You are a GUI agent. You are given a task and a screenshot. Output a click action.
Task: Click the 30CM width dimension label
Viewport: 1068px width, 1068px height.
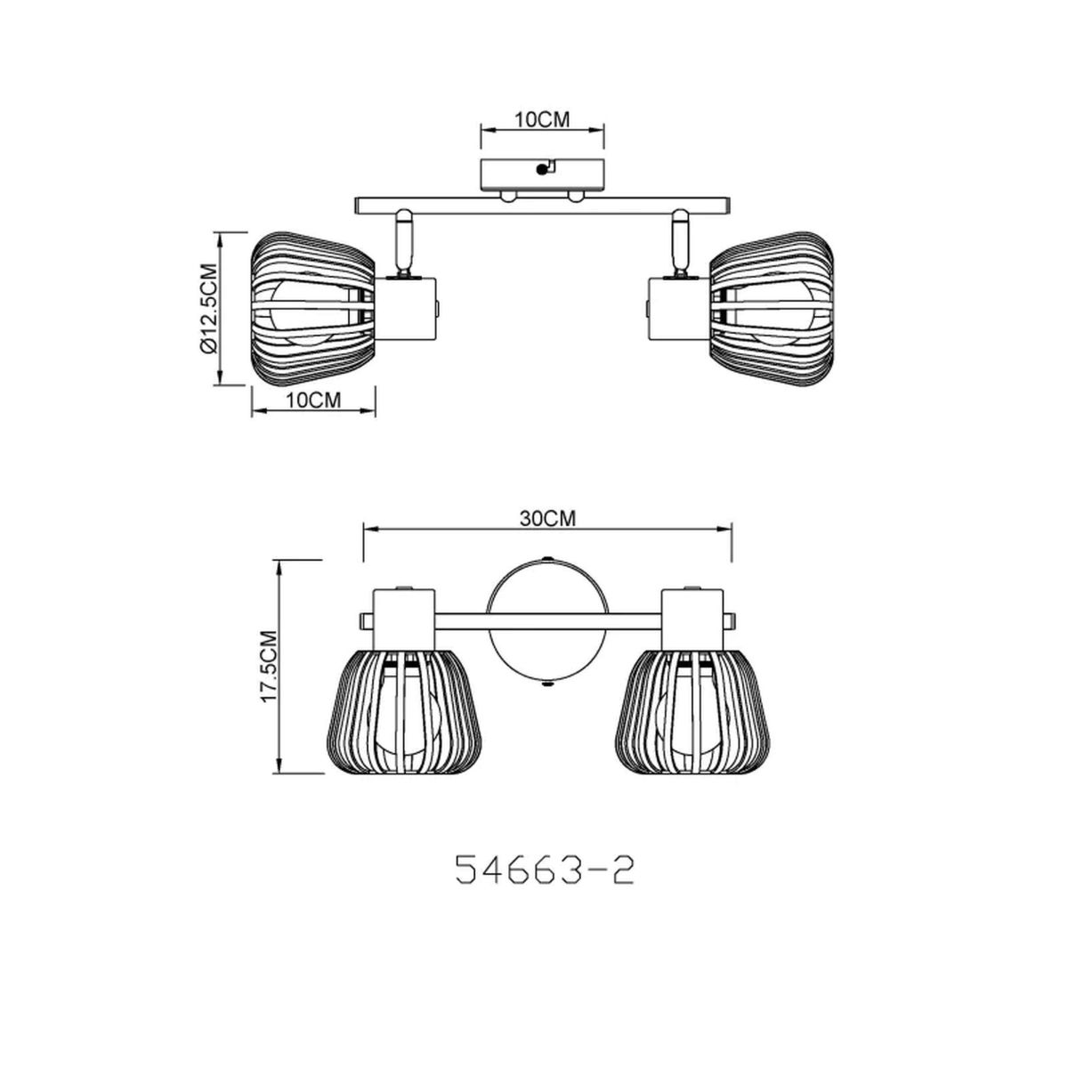pos(547,518)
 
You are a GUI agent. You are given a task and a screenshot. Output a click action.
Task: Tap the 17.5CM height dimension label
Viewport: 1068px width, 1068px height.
pos(270,667)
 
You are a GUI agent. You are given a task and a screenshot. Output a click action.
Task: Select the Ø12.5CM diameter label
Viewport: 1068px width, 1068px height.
pos(207,308)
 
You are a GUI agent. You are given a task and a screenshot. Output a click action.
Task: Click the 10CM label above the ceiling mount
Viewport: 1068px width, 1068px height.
pos(542,120)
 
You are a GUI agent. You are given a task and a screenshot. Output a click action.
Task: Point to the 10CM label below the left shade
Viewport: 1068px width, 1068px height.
pos(313,400)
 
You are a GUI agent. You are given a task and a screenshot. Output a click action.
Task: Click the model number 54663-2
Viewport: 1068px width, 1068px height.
pos(545,870)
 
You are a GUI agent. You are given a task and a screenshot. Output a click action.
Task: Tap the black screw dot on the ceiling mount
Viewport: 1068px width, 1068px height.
pos(541,170)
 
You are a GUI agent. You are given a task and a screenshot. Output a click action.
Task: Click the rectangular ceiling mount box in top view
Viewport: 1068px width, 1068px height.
pos(542,175)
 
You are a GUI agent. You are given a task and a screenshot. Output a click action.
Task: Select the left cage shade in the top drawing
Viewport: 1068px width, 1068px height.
pos(312,308)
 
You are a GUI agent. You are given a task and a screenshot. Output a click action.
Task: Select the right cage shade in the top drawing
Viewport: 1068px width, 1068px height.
pos(772,308)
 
